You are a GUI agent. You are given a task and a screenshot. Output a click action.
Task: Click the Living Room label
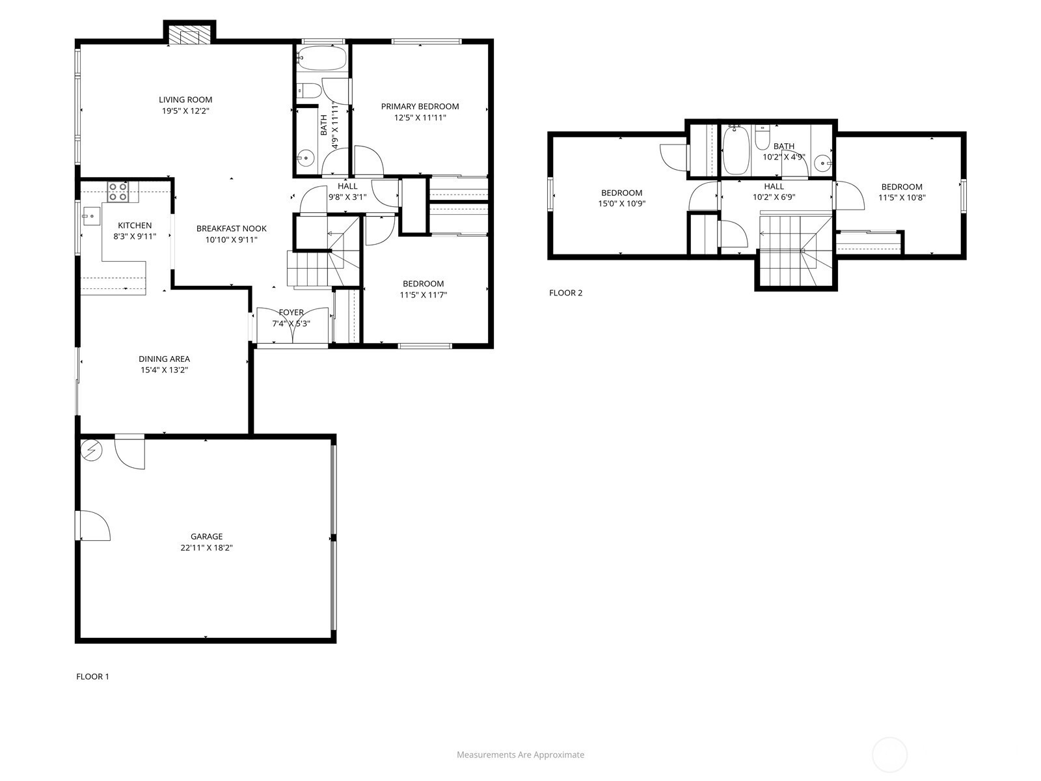[x=185, y=100]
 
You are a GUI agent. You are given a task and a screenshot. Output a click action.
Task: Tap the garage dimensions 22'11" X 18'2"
[x=206, y=548]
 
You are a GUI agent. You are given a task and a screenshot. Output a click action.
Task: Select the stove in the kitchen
[x=118, y=191]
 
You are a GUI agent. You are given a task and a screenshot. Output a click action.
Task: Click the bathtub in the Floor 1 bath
[x=323, y=59]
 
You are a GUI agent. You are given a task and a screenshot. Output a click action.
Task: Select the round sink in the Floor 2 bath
[x=823, y=164]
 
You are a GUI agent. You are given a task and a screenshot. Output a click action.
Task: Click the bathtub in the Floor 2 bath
[x=736, y=150]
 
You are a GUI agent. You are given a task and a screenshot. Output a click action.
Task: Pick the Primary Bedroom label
[x=420, y=107]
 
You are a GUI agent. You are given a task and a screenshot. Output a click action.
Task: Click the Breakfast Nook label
[x=232, y=228]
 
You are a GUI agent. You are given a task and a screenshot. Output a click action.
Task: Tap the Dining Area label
[x=164, y=359]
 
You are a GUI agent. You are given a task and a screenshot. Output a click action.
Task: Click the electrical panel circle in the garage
[x=92, y=450]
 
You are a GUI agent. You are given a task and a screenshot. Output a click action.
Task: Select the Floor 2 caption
[x=565, y=293]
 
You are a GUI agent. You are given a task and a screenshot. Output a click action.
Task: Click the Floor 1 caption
[x=92, y=677]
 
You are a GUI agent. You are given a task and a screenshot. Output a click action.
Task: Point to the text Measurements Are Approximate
[x=520, y=754]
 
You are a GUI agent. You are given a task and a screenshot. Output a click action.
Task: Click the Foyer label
[x=291, y=312]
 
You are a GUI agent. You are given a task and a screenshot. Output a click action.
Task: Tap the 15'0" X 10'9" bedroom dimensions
[x=622, y=204]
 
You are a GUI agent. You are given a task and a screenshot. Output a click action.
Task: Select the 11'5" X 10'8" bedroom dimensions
[x=902, y=198]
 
